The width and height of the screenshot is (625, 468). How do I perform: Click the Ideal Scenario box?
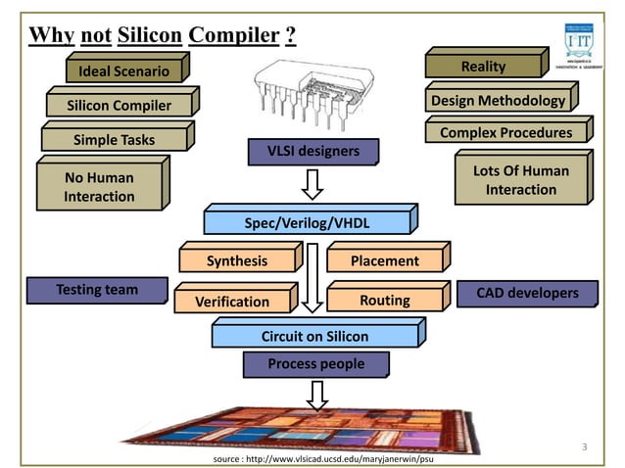pos(123,70)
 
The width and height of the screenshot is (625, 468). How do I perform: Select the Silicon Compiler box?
pos(119,105)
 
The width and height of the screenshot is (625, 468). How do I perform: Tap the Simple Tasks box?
pos(114,140)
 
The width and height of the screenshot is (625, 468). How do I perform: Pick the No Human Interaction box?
pos(99,187)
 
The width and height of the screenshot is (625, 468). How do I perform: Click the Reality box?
pos(483,67)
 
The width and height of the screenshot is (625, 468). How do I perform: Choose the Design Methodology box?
pos(498,101)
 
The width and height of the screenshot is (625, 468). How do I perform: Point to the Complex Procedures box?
pos(505,133)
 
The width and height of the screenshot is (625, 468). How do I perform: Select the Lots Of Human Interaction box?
pos(520,180)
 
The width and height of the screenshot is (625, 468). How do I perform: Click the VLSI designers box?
pos(313,151)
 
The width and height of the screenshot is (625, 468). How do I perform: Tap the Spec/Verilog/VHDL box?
pos(307,222)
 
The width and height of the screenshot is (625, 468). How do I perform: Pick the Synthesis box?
pos(236,260)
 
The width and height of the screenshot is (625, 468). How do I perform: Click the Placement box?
pos(385,260)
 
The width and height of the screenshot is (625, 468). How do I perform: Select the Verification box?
pos(231,302)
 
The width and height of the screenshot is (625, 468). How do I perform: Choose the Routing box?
pos(384,300)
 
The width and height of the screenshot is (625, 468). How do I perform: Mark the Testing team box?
pos(97,290)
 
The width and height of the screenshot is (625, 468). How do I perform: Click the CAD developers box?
pos(527,293)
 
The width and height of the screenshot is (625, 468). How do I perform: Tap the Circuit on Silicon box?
pos(314,337)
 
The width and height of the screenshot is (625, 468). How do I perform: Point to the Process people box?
pos(315,364)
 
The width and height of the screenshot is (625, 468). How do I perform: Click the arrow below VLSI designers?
pos(312,182)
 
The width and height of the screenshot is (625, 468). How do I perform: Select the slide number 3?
pos(584,447)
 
